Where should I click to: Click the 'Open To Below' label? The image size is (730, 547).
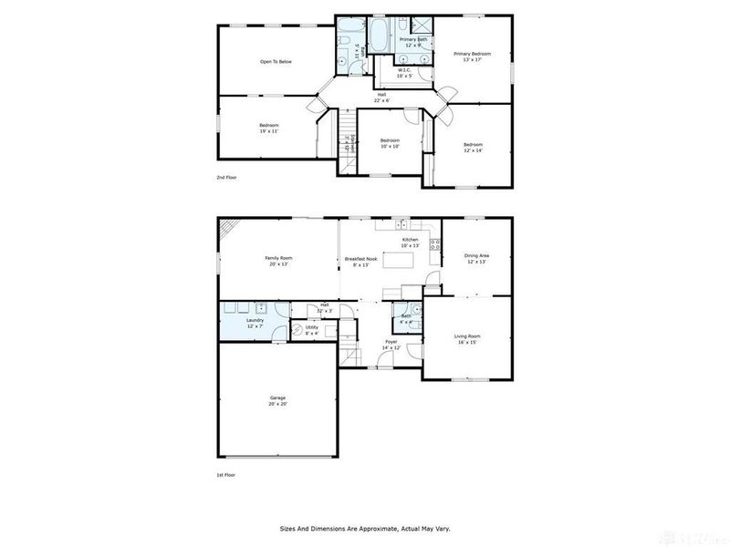tap(276, 62)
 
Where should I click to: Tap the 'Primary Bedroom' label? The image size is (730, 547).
tap(473, 55)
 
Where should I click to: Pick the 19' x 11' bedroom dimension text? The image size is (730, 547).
tap(268, 131)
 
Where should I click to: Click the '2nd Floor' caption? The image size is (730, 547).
tap(226, 177)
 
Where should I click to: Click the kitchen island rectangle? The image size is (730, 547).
tap(398, 261)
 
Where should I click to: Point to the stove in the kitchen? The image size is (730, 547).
tap(434, 244)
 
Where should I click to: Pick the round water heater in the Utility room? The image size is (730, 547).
tap(297, 329)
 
